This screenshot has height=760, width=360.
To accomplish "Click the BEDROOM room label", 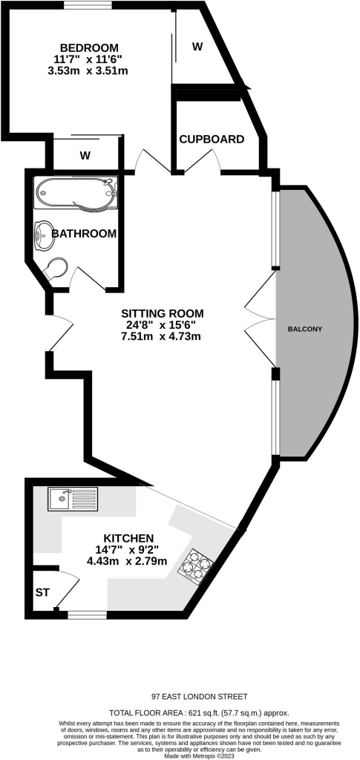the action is click(89, 48).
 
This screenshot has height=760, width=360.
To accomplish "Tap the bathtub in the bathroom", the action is click(76, 194).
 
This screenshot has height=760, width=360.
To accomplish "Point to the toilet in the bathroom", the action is click(55, 269).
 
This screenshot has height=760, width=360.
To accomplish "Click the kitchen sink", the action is click(73, 499).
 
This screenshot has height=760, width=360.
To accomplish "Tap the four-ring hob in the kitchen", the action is click(197, 565).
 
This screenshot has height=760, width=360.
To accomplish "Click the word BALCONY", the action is click(305, 329).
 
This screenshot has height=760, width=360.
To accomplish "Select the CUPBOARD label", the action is click(212, 140).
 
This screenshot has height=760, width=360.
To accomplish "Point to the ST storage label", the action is click(42, 592).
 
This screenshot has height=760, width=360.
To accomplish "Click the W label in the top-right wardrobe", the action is click(197, 47).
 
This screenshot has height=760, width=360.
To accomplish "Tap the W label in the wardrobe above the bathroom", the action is click(85, 156).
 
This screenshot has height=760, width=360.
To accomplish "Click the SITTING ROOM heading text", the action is click(163, 312).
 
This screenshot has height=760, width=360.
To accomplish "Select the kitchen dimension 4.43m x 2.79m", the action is click(127, 561).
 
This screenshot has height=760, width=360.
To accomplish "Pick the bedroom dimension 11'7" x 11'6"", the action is click(88, 59).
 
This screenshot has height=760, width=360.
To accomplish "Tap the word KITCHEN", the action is click(129, 538).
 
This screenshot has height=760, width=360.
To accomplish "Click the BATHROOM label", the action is click(85, 234).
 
